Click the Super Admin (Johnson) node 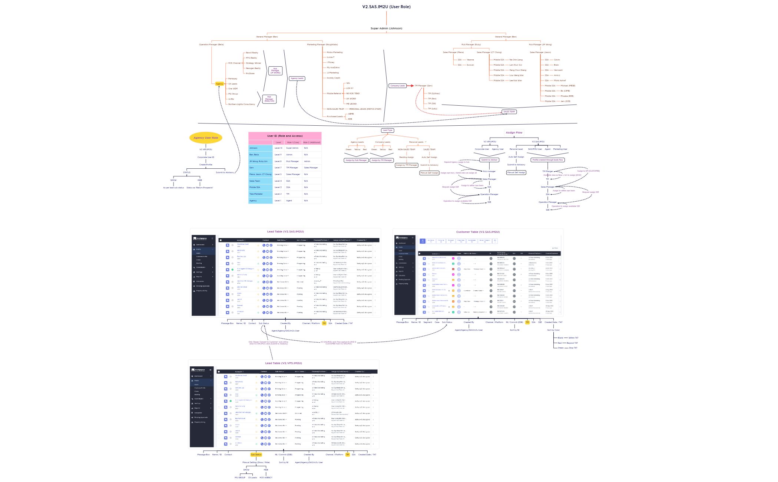(x=386, y=29)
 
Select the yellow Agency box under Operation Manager (x=219, y=84)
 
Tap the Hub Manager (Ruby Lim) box (x=269, y=99)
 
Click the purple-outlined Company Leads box (x=397, y=86)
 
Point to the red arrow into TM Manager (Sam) (x=411, y=86)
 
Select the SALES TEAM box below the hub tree (x=509, y=112)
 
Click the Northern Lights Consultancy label (x=242, y=104)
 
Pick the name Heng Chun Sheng (x=517, y=70)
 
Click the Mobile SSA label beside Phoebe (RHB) (x=550, y=96)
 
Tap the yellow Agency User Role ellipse (x=206, y=138)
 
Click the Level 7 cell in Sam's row (x=278, y=168)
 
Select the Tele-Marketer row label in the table (x=256, y=194)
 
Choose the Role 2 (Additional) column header (x=311, y=142)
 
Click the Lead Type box (x=387, y=131)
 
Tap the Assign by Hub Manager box (x=356, y=160)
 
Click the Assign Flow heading (x=514, y=132)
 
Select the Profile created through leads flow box (x=547, y=160)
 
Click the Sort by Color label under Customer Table (x=553, y=330)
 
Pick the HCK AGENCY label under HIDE (x=266, y=478)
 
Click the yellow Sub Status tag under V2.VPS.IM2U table (x=256, y=455)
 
